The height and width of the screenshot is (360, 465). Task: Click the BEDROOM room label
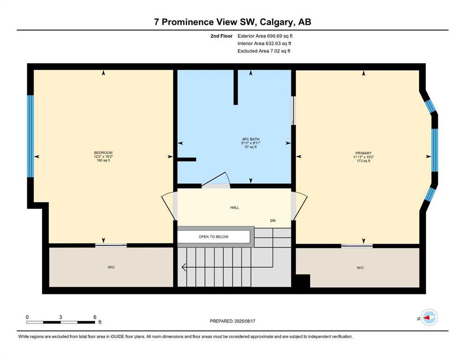[x=103, y=152]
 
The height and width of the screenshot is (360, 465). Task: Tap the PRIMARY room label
[x=363, y=153]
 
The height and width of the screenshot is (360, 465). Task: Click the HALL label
[x=235, y=207]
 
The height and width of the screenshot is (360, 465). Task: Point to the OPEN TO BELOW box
[x=214, y=237]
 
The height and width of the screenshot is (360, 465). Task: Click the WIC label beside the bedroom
[x=111, y=267]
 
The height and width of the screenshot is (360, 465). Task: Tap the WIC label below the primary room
[x=360, y=268]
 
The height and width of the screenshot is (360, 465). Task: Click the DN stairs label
[x=273, y=220]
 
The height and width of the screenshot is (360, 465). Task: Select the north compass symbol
[x=429, y=318]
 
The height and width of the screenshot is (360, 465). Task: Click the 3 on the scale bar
[x=61, y=317]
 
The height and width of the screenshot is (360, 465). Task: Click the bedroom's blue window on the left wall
[x=30, y=136]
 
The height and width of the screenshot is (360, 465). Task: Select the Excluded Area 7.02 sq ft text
[x=264, y=51]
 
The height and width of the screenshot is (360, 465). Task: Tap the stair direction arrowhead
[x=184, y=268]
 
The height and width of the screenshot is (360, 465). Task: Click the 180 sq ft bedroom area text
[x=103, y=161]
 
